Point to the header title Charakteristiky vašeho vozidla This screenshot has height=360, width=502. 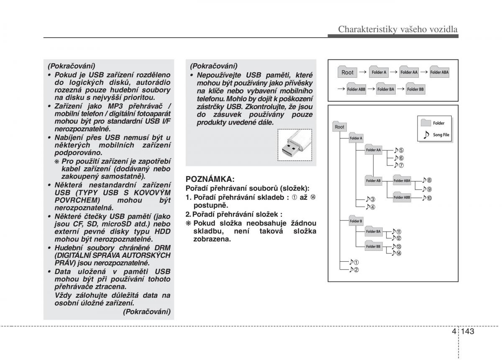point(398,29)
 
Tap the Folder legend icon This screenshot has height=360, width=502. point(426,123)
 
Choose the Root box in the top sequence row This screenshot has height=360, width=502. point(347,71)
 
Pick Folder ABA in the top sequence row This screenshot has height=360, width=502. point(439,71)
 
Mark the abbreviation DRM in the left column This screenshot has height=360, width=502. point(162,248)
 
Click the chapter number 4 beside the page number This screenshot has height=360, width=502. point(455,331)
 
